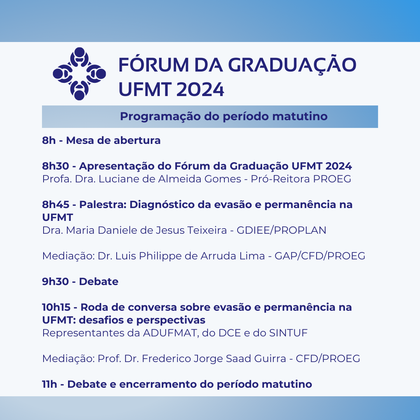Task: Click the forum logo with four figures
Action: click(x=79, y=74)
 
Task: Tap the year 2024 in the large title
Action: click(x=200, y=89)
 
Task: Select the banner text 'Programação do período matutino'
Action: click(x=224, y=117)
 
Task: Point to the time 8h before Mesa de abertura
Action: click(x=49, y=140)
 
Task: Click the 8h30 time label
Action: click(x=56, y=166)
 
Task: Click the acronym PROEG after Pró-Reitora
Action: click(x=332, y=179)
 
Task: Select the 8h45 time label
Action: click(x=56, y=205)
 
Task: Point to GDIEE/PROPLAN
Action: click(x=281, y=230)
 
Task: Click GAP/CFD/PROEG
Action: click(x=320, y=256)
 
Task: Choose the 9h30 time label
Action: click(x=56, y=282)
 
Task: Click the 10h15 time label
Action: click(x=56, y=307)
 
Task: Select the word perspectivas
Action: click(x=171, y=320)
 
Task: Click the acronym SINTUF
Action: click(x=288, y=333)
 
